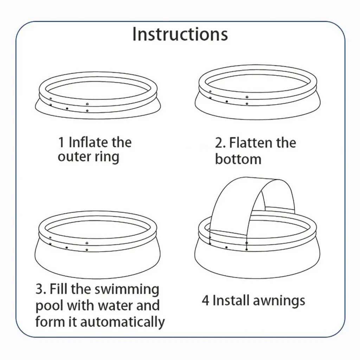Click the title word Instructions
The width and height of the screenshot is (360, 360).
click(180, 34)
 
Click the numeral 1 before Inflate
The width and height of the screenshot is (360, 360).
click(62, 143)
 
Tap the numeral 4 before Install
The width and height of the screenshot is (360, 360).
click(206, 301)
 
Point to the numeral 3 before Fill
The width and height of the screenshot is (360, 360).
click(39, 290)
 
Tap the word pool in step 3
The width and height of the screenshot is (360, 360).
click(49, 306)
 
